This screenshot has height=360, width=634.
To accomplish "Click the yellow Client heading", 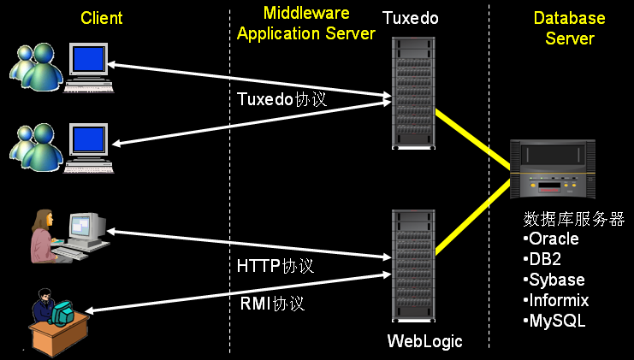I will [102, 18].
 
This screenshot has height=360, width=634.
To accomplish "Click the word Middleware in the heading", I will [305, 13].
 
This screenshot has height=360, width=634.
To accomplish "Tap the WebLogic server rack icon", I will [413, 264].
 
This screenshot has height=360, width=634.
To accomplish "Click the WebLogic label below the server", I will [424, 341].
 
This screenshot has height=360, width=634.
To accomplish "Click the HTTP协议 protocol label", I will [275, 266].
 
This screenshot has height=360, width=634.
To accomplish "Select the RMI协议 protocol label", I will [273, 303].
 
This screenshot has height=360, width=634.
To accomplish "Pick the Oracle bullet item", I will [552, 239].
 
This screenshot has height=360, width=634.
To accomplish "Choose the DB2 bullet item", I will [542, 259].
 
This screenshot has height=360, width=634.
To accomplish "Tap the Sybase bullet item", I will [554, 280].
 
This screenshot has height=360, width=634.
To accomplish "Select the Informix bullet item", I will [556, 300].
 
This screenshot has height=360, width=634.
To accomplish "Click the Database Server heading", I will [569, 28].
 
